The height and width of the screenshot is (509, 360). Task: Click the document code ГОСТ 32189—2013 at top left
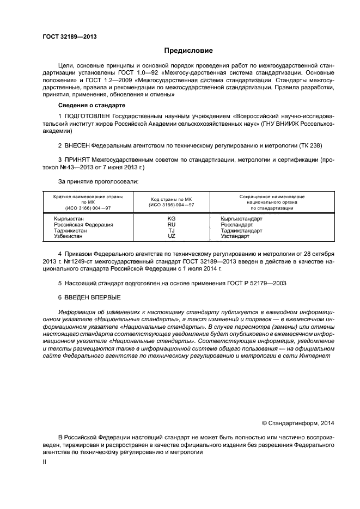tap(66, 37)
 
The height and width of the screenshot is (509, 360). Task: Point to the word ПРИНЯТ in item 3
tap(77, 160)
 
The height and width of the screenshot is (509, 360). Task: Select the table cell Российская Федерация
tap(83, 224)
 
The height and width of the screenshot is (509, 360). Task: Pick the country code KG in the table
tap(172, 218)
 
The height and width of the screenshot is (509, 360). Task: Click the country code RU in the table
tap(172, 224)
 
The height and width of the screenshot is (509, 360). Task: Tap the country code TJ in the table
tap(172, 230)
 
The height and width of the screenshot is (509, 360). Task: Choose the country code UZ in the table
tap(172, 236)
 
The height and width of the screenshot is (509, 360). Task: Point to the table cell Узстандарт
tap(235, 236)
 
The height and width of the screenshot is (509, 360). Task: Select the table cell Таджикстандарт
tap(241, 230)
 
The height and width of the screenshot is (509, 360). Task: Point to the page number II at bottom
tap(45, 462)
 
